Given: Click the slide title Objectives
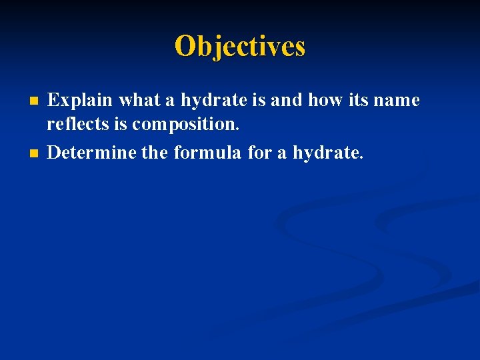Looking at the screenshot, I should click(x=240, y=46).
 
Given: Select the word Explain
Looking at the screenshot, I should click(x=80, y=101).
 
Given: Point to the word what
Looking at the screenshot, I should click(x=139, y=101).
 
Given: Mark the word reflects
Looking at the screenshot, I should click(x=75, y=124).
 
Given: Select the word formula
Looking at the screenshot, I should click(x=208, y=153).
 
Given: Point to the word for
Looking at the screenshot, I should click(x=259, y=153).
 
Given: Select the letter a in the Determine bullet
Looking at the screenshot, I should click(x=282, y=153).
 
